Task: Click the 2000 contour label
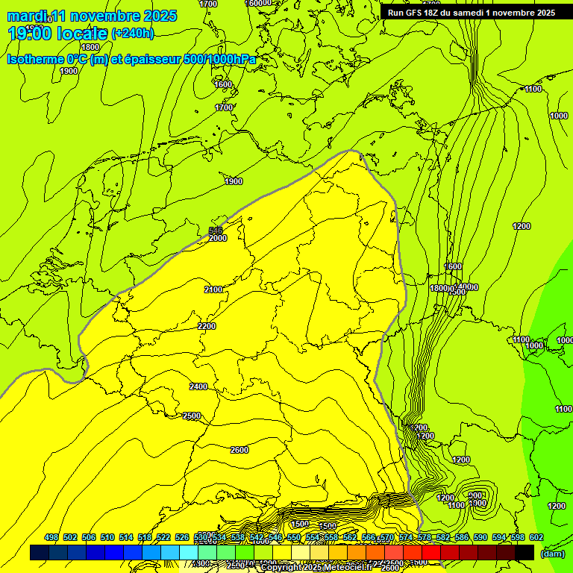click(x=218, y=238)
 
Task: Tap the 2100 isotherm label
click(x=214, y=289)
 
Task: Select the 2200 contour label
click(x=207, y=326)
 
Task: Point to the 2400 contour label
click(x=198, y=386)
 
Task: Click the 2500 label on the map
click(x=192, y=416)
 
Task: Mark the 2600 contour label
click(x=239, y=449)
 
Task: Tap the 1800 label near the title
click(x=90, y=47)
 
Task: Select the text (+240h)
click(x=132, y=34)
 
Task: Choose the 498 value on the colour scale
click(x=51, y=537)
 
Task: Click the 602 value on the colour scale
click(x=536, y=537)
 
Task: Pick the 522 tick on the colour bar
click(x=163, y=537)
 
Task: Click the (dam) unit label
click(x=553, y=554)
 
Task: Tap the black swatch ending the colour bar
click(x=525, y=552)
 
